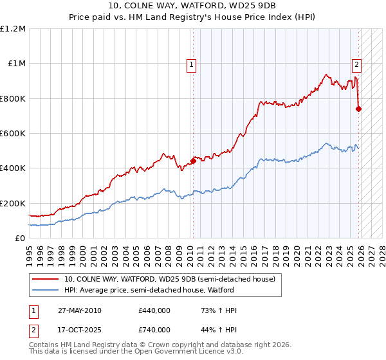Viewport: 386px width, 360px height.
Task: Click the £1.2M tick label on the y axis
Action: (x=13, y=28)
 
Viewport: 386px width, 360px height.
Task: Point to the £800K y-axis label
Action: (x=13, y=98)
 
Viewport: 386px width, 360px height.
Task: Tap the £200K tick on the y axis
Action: (x=13, y=203)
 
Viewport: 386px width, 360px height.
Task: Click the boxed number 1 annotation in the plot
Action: (x=192, y=64)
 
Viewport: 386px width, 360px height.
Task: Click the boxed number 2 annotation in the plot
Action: (x=356, y=64)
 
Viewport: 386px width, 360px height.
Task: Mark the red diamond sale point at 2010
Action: (x=192, y=161)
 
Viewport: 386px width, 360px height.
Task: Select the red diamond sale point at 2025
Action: (x=358, y=109)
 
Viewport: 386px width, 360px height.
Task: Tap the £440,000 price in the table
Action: (x=154, y=310)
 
